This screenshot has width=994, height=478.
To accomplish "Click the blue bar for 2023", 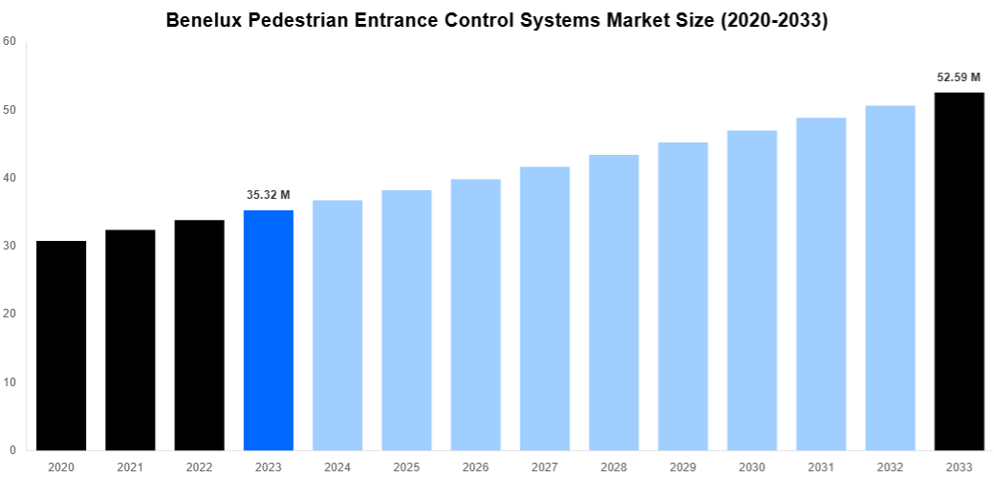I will tap(269, 330).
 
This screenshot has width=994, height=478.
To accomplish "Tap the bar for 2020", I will tap(61, 345).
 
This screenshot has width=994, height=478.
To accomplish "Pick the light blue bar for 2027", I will tap(545, 308).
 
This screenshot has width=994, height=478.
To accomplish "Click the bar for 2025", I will tap(406, 319).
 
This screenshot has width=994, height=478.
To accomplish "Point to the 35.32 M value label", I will tap(269, 195).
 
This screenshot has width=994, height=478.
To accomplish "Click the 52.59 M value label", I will tap(959, 77).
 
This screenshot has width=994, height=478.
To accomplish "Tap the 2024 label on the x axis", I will tap(337, 467).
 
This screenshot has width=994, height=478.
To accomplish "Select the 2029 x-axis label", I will tap(682, 467).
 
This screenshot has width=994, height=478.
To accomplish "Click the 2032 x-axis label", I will tap(890, 467).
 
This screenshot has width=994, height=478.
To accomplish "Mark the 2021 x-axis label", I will tap(130, 467).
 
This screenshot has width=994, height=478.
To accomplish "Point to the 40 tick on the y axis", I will tap(10, 178).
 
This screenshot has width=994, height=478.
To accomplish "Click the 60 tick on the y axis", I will tap(10, 41).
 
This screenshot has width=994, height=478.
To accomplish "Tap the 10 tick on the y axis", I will tap(10, 382).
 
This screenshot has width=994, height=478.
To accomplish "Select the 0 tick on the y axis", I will tap(12, 450).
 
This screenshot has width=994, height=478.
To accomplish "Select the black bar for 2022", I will tap(199, 335).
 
